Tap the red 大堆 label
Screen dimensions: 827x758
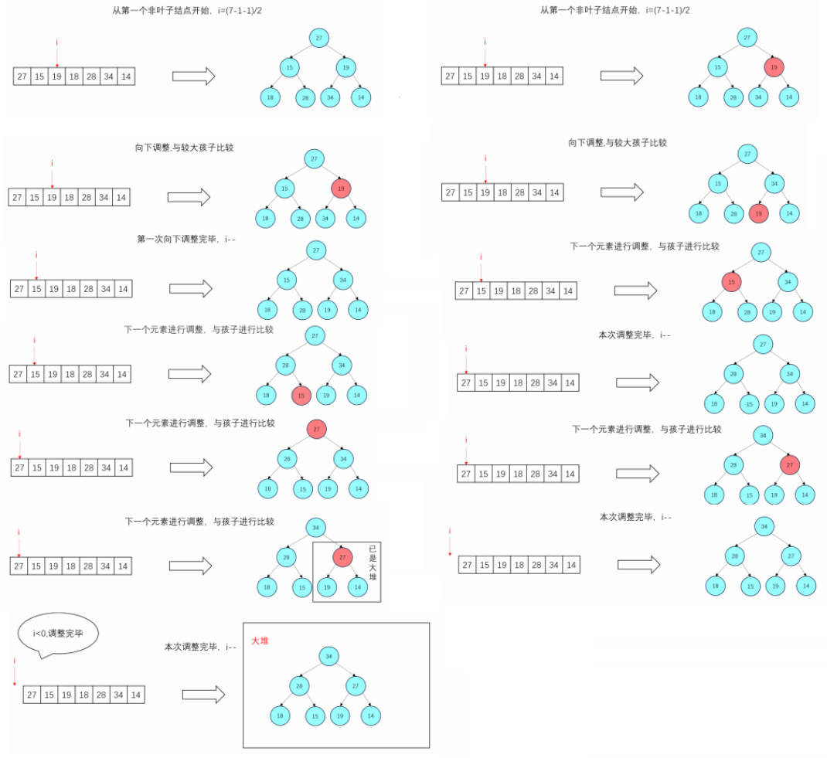coord(260,641)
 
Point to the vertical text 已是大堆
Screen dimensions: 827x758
coord(372,565)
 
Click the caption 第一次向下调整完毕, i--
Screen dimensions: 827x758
coord(185,239)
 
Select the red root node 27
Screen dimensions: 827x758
coord(316,430)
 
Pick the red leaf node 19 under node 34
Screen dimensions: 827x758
coord(759,212)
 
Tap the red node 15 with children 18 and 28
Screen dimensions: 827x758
coord(732,282)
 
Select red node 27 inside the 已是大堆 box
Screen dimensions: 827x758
coord(343,556)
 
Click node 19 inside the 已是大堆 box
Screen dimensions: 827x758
coord(328,587)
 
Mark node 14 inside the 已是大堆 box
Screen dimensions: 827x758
coord(357,587)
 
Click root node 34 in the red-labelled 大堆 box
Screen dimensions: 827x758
coord(328,656)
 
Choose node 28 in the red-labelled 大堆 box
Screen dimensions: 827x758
coord(299,685)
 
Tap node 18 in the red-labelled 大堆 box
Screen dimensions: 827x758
coord(280,716)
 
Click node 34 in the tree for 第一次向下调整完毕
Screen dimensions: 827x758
coord(344,279)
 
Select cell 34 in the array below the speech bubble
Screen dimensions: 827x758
coord(117,695)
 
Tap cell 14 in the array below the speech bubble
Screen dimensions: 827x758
coord(136,695)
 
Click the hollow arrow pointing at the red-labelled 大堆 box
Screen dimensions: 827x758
coord(203,695)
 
